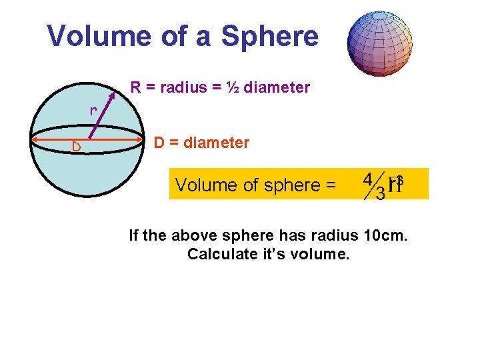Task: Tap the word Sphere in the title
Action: point(269,36)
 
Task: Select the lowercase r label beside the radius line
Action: point(94,111)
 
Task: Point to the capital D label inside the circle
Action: point(77,146)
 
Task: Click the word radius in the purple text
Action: point(178,87)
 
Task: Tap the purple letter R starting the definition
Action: point(135,87)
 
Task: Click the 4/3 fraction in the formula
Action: point(373,186)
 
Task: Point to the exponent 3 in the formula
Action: point(399,180)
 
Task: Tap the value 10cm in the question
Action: point(387,235)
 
